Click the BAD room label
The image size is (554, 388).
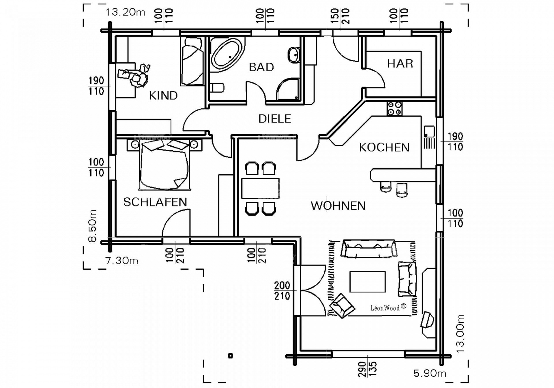[261, 67]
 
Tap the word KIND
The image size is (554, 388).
[163, 96]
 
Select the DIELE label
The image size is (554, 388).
[275, 119]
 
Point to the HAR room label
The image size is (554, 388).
[400, 64]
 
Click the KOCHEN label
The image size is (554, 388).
[384, 148]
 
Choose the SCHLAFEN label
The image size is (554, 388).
[155, 202]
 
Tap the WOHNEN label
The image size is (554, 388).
[338, 206]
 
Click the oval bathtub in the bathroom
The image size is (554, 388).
[227, 55]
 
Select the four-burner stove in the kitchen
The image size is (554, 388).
[394, 109]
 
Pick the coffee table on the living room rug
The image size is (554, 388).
[367, 282]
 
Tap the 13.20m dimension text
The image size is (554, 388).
[125, 12]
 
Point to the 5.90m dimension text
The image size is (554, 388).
[430, 373]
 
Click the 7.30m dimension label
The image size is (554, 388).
[121, 261]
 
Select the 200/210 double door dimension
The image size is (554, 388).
[282, 291]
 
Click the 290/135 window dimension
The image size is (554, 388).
[367, 369]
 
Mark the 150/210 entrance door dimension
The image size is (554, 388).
[340, 16]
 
